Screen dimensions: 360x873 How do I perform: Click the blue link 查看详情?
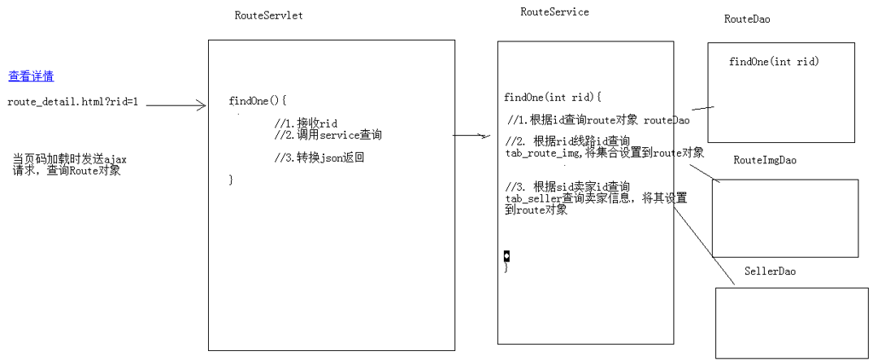coord(31,76)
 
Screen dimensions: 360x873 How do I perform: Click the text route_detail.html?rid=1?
coord(73,102)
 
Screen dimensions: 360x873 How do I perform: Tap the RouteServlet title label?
coord(268,15)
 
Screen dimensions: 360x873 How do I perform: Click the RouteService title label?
coord(554,12)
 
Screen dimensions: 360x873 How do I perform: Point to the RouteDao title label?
coord(747,19)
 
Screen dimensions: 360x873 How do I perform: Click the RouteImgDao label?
coord(765,160)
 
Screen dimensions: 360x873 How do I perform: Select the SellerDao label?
coord(770,271)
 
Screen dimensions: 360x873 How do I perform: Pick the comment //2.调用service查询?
coord(328,135)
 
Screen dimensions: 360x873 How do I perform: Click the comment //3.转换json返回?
coord(319,158)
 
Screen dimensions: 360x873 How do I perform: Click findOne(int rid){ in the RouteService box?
coord(552,98)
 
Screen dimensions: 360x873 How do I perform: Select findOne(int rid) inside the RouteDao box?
coord(774,62)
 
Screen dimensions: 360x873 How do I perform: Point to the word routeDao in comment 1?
coord(667,120)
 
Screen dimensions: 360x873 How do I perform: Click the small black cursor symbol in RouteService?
coord(506,256)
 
